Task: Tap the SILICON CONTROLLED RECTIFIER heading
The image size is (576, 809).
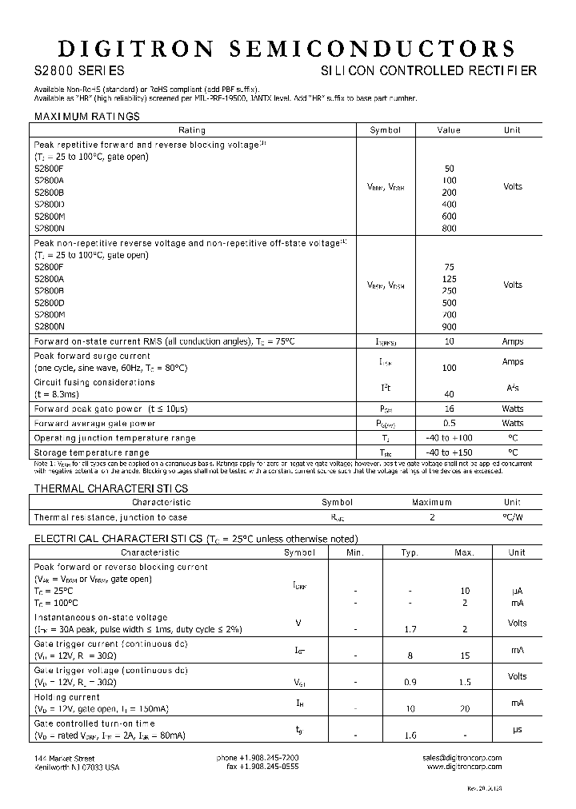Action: tap(429, 71)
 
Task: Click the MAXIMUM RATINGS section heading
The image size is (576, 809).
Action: tap(86, 117)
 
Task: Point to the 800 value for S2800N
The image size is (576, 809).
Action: tap(449, 229)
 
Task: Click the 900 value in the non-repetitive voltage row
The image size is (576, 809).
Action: tap(449, 327)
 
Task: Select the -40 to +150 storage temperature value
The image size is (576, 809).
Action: tap(449, 452)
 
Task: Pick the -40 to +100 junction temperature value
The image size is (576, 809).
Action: tap(449, 438)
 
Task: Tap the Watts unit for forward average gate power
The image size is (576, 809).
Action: tap(513, 424)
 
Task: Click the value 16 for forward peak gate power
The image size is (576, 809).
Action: tap(449, 408)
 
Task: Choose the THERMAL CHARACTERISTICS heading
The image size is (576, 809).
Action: tap(111, 488)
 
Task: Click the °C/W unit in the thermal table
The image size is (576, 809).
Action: tap(513, 517)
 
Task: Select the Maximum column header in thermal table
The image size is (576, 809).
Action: tap(432, 503)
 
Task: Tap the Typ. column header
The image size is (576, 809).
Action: tap(410, 552)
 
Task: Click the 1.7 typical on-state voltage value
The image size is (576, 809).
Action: tap(410, 629)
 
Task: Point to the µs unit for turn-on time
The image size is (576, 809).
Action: tap(517, 730)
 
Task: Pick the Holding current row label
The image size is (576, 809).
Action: tap(66, 697)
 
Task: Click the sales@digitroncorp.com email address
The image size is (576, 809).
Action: tap(462, 757)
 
